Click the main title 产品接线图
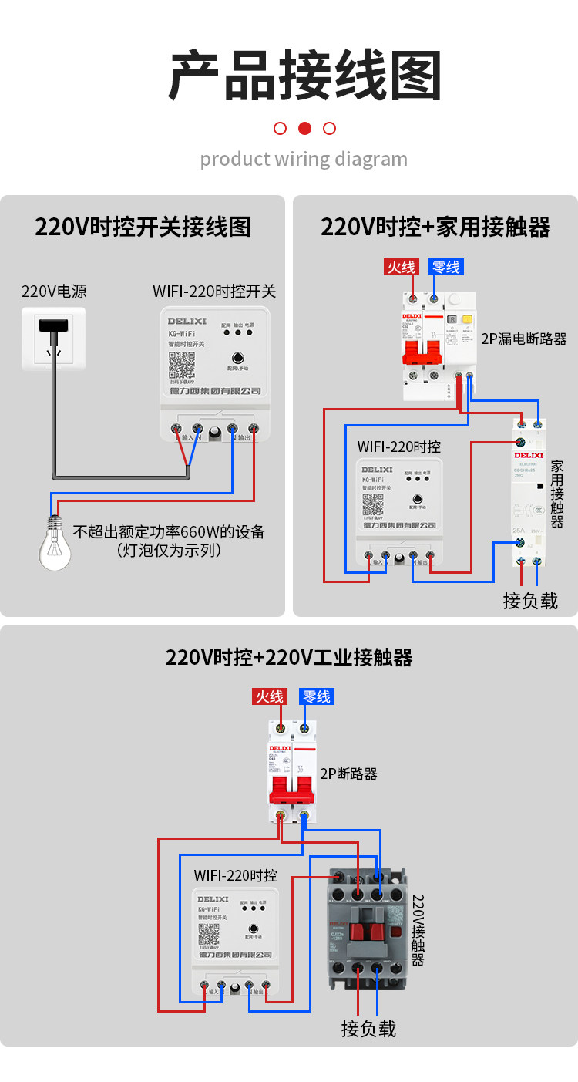[305, 76]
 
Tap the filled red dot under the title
[304, 128]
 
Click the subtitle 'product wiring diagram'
[304, 160]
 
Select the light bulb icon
[55, 545]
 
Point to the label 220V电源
[54, 292]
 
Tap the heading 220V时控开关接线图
[143, 227]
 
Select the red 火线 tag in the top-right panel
[402, 267]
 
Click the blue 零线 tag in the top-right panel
[446, 267]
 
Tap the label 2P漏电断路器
[524, 339]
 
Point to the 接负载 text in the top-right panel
[530, 601]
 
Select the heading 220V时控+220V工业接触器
[289, 657]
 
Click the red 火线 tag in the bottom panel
[270, 696]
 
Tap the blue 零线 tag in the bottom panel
[316, 696]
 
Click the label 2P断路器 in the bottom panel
[349, 774]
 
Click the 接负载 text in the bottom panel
[368, 1028]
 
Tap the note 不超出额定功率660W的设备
[169, 532]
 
